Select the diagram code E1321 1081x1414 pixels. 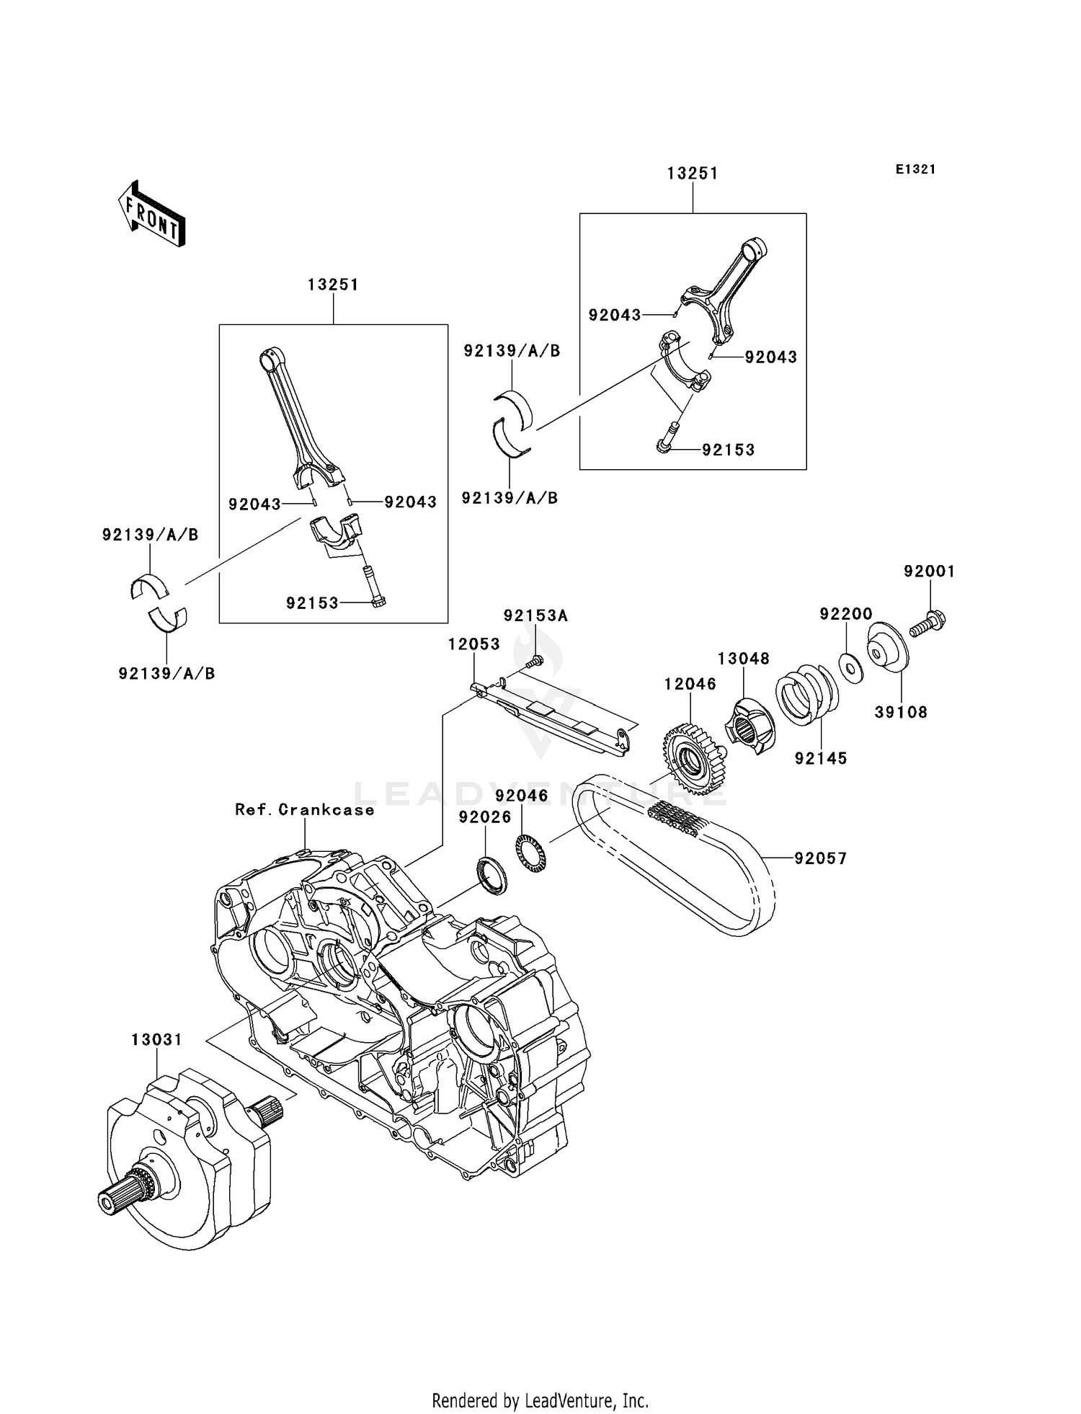(x=915, y=169)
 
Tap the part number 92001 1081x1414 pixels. (x=929, y=572)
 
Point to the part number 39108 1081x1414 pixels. (x=901, y=713)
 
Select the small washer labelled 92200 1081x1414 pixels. (x=852, y=667)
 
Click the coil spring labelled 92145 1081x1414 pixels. (x=807, y=696)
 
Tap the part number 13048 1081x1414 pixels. (x=743, y=659)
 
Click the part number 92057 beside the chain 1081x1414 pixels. (x=821, y=858)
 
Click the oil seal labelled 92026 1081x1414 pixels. (x=491, y=876)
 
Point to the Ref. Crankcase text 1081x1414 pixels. (x=305, y=810)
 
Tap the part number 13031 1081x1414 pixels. (x=156, y=1040)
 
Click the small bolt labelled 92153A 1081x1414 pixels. (x=535, y=660)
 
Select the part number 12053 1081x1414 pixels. (x=473, y=644)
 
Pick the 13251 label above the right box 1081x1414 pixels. (x=693, y=174)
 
